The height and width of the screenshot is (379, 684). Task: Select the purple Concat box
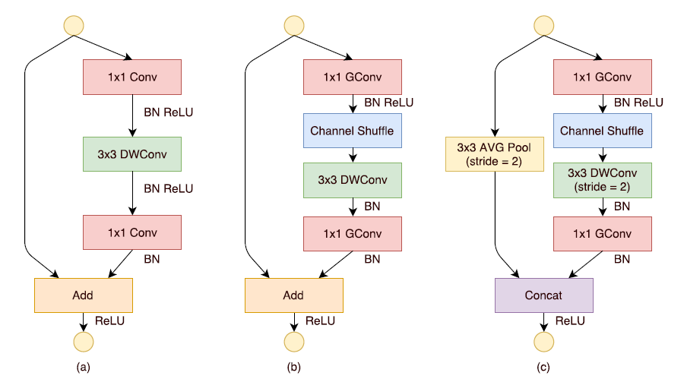pyautogui.click(x=543, y=295)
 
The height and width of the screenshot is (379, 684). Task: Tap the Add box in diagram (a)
pyautogui.click(x=84, y=295)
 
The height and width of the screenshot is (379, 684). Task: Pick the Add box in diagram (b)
pyautogui.click(x=293, y=295)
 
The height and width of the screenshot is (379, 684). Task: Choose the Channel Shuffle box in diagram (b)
pyautogui.click(x=352, y=131)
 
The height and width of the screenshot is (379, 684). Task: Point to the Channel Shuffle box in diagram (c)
pyautogui.click(x=602, y=131)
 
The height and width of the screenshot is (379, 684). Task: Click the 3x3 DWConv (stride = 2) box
pyautogui.click(x=602, y=179)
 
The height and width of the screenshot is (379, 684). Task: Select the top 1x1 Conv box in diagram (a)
pyautogui.click(x=131, y=76)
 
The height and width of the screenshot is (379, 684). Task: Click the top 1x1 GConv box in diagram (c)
pyautogui.click(x=602, y=76)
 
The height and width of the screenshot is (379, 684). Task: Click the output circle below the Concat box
pyautogui.click(x=543, y=343)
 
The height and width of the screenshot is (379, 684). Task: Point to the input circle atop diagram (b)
pyautogui.click(x=293, y=25)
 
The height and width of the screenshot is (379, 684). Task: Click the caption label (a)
pyautogui.click(x=84, y=368)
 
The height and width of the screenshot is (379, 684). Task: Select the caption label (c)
pyautogui.click(x=543, y=368)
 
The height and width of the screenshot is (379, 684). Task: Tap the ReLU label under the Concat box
pyautogui.click(x=570, y=321)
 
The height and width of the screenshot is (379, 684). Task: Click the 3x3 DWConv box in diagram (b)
pyautogui.click(x=352, y=179)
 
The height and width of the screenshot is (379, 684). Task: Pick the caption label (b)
pyautogui.click(x=293, y=368)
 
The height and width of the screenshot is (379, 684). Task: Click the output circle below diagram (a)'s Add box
pyautogui.click(x=84, y=343)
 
